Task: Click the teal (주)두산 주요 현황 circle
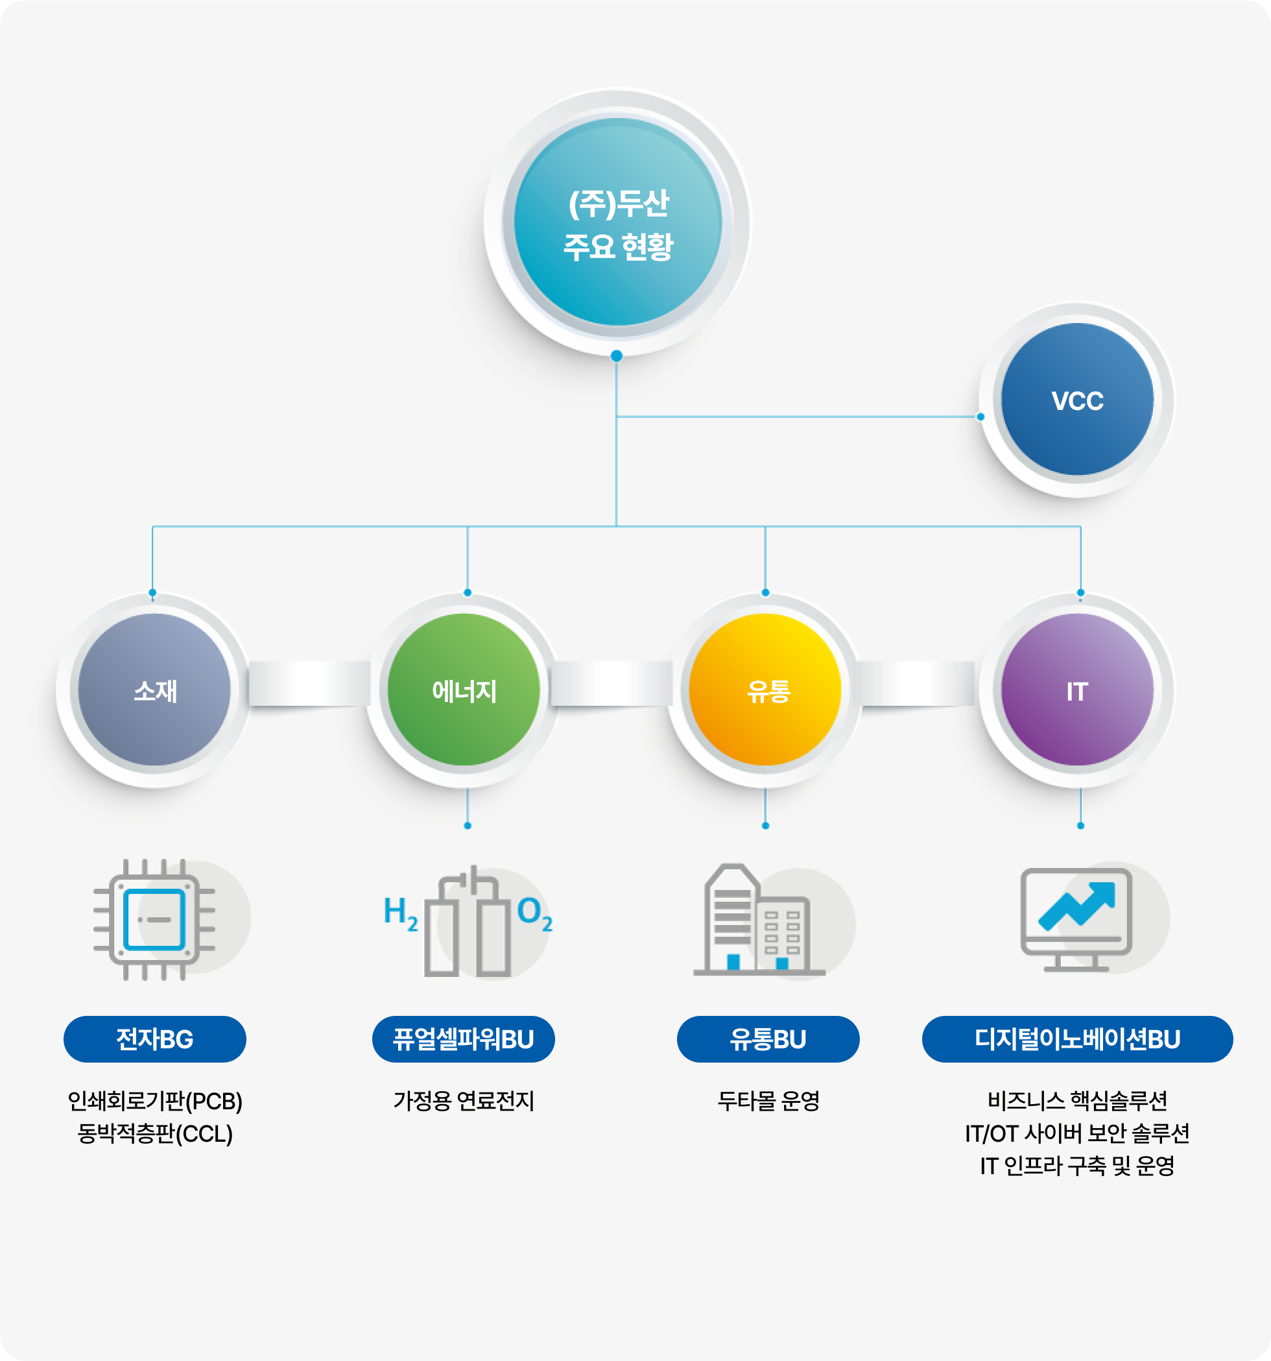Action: pyautogui.click(x=617, y=222)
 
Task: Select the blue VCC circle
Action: pyautogui.click(x=1076, y=400)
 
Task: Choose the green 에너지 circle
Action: pyautogui.click(x=464, y=690)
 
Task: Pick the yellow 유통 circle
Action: pyautogui.click(x=765, y=690)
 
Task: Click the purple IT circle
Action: pyautogui.click(x=1076, y=690)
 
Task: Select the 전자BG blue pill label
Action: pyautogui.click(x=155, y=1039)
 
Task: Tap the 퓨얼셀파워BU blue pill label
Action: pyautogui.click(x=464, y=1039)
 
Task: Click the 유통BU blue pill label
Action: pyautogui.click(x=768, y=1039)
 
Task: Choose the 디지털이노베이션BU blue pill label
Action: pyautogui.click(x=1077, y=1039)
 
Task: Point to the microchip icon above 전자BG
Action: pyautogui.click(x=155, y=919)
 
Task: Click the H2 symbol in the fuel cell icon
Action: pyautogui.click(x=399, y=913)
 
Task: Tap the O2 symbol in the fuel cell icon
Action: pyautogui.click(x=534, y=913)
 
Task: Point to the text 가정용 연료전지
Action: pyautogui.click(x=464, y=1101)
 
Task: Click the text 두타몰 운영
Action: pyautogui.click(x=768, y=1101)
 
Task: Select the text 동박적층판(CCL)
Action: pyautogui.click(x=155, y=1134)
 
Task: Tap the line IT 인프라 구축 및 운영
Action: pyautogui.click(x=1076, y=1165)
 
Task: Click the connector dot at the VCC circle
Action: pyautogui.click(x=980, y=416)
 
